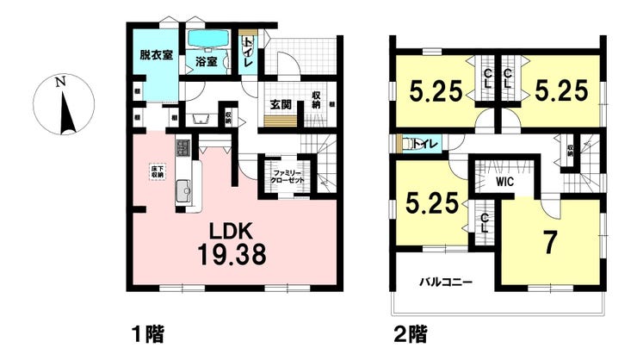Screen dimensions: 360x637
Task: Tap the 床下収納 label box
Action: tap(157, 171)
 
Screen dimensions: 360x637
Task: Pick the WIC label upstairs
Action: tap(503, 182)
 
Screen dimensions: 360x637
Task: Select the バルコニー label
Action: tap(445, 282)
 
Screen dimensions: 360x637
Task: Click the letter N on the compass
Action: tap(59, 83)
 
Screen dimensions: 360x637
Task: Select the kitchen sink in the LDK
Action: tap(182, 192)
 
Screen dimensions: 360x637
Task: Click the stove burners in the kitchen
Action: tap(182, 148)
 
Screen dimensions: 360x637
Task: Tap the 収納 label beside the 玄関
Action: tap(317, 98)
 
